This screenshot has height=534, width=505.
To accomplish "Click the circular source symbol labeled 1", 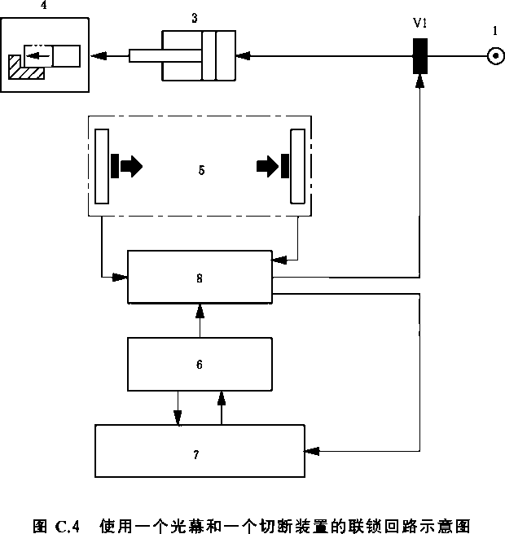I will (494, 55).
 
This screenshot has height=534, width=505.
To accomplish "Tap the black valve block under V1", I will (420, 56).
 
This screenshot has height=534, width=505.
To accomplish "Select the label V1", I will (420, 23).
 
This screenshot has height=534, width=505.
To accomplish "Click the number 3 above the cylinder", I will (195, 16).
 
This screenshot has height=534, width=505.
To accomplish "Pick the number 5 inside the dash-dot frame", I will (201, 171).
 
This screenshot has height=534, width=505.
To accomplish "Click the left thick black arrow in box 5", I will (130, 167).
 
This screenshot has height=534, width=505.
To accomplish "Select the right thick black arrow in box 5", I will (268, 167).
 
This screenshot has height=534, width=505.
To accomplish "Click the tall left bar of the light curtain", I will (102, 166).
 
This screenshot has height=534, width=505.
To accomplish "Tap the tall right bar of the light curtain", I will (297, 166).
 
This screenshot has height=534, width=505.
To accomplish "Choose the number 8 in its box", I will (200, 278).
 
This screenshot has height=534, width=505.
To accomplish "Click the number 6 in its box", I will (200, 364).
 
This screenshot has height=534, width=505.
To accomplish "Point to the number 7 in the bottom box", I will (196, 454).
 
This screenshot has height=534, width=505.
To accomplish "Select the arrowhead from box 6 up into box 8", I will (200, 309).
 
